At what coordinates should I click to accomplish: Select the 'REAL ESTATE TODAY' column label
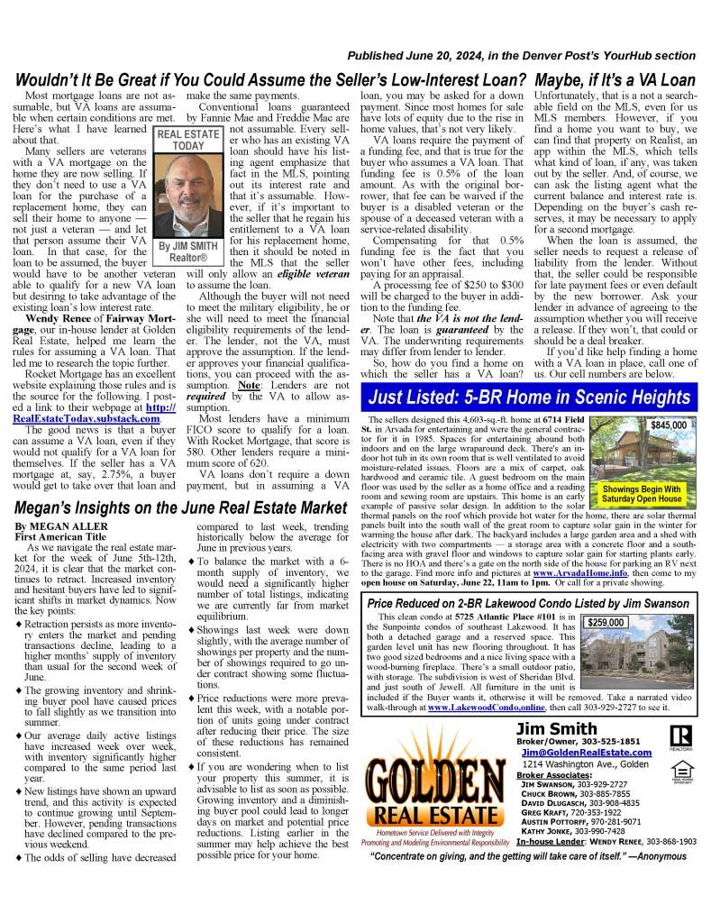[x=188, y=140]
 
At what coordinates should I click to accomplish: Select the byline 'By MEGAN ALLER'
[x=50, y=525]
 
